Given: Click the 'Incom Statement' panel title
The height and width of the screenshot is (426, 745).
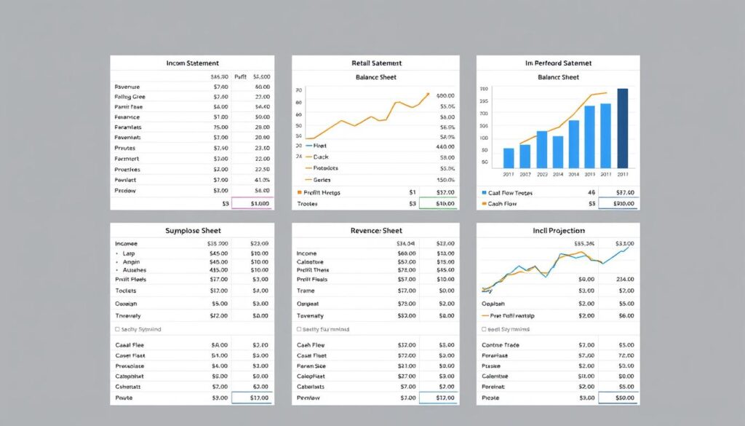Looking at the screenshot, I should (x=192, y=63).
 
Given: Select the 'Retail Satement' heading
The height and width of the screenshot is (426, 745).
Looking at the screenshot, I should (x=375, y=63).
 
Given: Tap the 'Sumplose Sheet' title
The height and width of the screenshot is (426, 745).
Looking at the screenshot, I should (x=192, y=230).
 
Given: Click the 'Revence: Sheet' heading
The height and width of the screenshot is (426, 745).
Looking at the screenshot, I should (x=375, y=230).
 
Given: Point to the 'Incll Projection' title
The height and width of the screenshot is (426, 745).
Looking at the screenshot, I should (x=559, y=230).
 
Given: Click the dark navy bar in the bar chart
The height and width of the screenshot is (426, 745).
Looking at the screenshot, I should (x=622, y=128).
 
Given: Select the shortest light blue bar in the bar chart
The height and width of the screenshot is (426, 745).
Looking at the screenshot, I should (x=509, y=158).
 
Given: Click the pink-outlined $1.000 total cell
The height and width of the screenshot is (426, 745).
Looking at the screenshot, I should (x=252, y=204).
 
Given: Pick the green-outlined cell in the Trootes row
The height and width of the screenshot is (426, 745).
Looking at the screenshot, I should (x=437, y=204).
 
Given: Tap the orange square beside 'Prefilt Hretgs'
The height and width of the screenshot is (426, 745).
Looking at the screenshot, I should (x=300, y=193).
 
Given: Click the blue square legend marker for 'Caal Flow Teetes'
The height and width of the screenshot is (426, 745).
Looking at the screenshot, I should (x=484, y=193).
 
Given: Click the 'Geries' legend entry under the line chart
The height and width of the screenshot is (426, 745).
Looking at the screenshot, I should (x=321, y=179).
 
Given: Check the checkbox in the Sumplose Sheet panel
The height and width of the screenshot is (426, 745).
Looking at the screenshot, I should (x=118, y=329).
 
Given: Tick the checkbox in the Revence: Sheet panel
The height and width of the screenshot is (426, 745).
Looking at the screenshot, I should (x=300, y=329).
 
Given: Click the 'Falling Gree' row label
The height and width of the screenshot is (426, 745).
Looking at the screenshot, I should (x=130, y=96).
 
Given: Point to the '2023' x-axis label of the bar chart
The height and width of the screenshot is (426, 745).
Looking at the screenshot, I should (x=542, y=175).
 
